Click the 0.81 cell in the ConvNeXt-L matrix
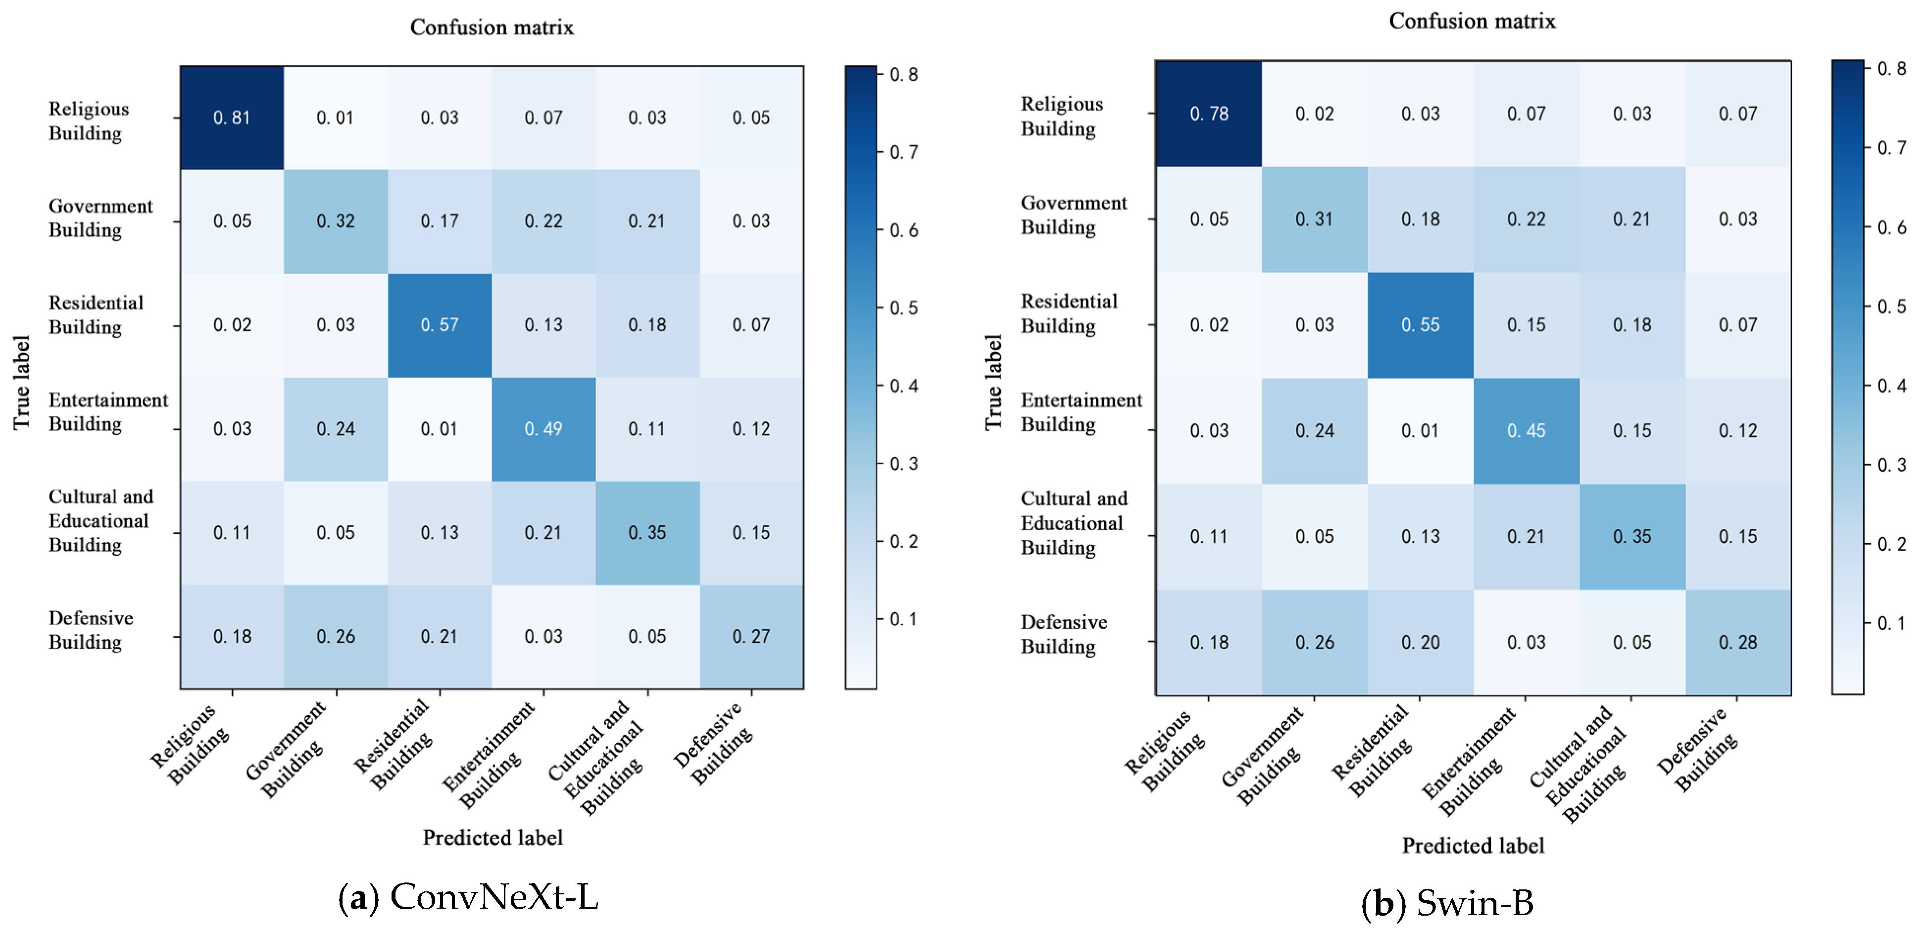point(231,117)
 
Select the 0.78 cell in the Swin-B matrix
point(1209,114)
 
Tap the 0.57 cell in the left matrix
point(440,325)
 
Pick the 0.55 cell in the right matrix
point(1420,325)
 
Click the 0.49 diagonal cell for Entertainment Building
point(544,429)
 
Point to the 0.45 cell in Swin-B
point(1526,431)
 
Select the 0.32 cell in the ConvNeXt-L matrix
point(335,221)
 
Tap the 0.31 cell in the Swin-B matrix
point(1314,219)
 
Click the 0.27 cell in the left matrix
point(751,636)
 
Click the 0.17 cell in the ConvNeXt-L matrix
point(440,221)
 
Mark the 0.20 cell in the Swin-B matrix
point(1420,642)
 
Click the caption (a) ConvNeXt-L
point(469,897)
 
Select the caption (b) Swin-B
point(1447,903)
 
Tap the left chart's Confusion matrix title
point(492,28)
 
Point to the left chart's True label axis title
point(22,383)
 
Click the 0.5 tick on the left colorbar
point(903,308)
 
